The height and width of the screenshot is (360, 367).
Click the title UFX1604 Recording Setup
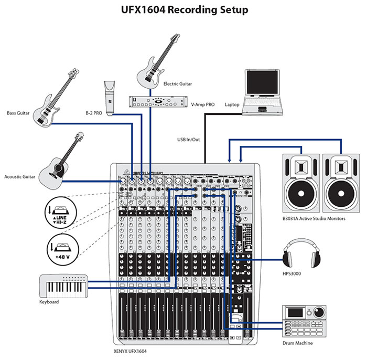(183, 10)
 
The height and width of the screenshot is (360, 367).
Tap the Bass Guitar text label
(18, 113)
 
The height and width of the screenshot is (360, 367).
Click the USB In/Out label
(189, 139)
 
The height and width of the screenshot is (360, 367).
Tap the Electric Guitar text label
(178, 83)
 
